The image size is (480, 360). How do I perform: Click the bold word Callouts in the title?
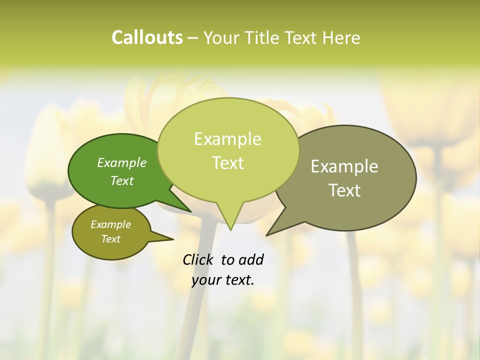point(147,37)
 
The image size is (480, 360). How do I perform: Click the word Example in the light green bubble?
point(227,139)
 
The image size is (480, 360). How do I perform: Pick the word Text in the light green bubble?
point(227,163)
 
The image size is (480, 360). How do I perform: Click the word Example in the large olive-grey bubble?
point(344,166)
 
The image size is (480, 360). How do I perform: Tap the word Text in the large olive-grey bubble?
point(344,190)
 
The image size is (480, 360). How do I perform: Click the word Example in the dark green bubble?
point(122,162)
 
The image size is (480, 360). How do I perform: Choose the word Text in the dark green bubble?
point(122,180)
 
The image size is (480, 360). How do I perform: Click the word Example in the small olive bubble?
point(110,224)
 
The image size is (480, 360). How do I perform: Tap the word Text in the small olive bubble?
point(110,239)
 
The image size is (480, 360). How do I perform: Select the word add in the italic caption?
point(250,259)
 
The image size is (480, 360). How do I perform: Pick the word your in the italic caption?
point(205,280)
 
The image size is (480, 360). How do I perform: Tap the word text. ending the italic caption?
point(238,280)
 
